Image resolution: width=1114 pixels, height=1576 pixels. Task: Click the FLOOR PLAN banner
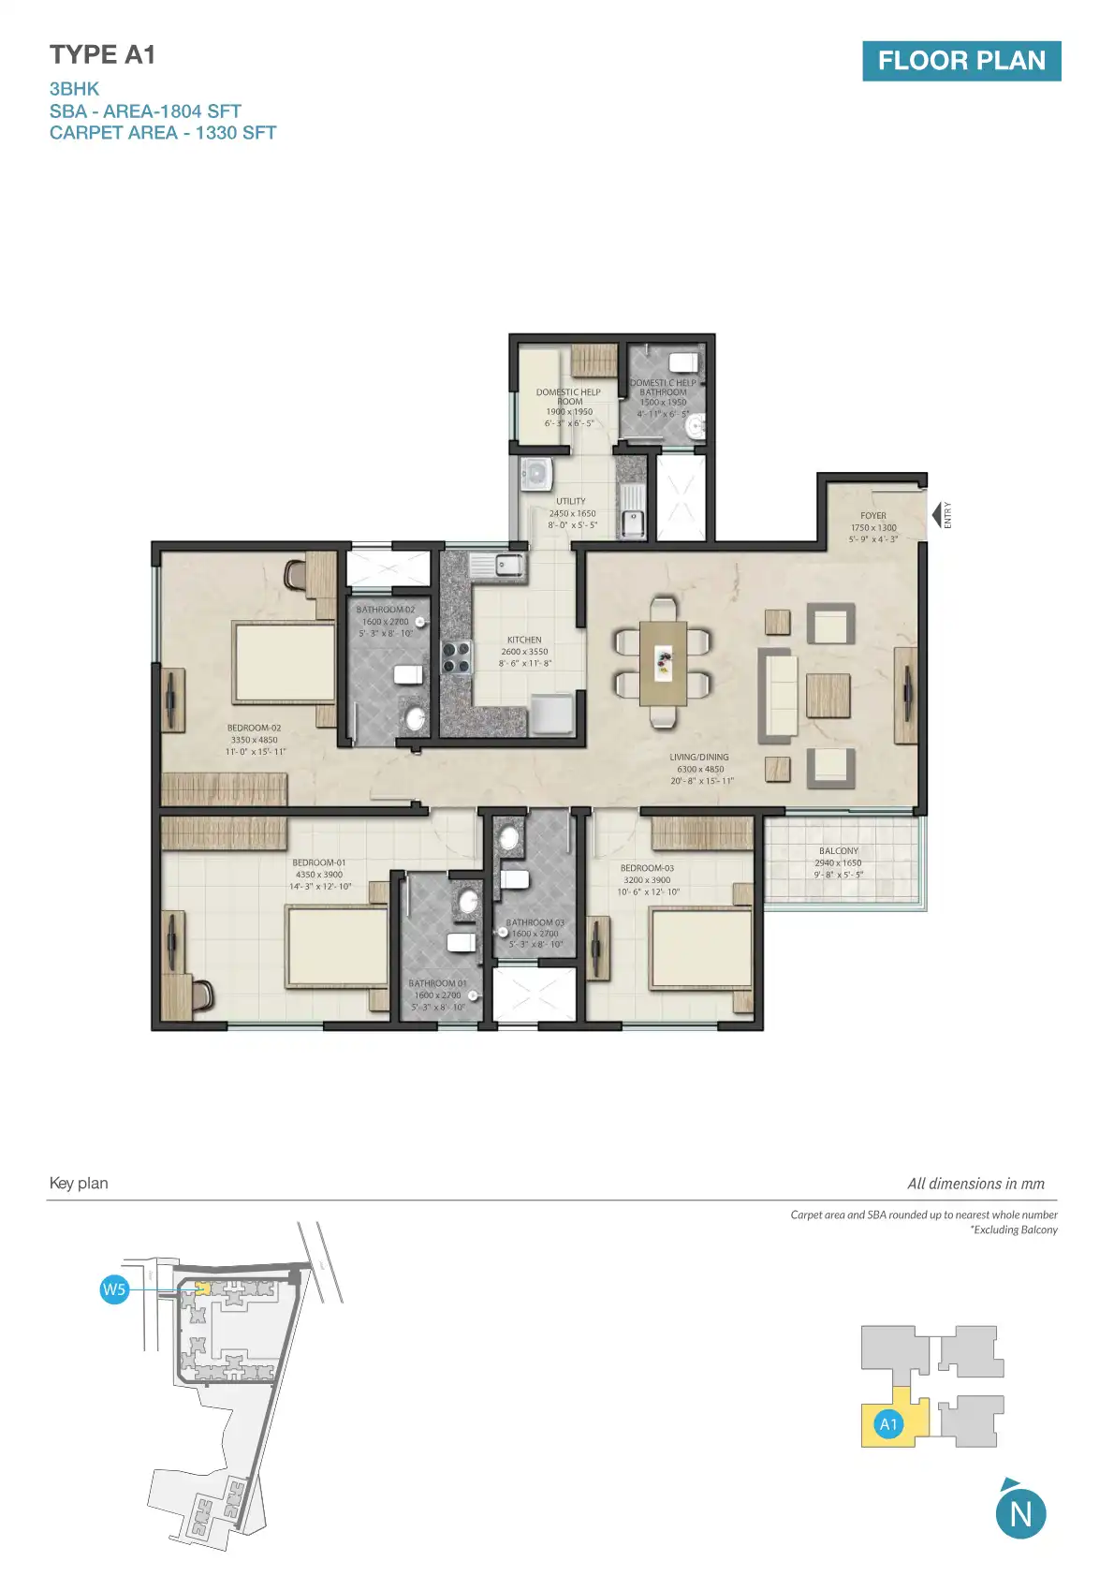(961, 61)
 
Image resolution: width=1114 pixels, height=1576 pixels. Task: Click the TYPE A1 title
(102, 55)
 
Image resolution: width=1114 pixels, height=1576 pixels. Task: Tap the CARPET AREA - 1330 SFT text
(163, 133)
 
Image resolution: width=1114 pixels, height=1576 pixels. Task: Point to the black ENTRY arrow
(935, 514)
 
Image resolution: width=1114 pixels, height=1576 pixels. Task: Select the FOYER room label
(872, 516)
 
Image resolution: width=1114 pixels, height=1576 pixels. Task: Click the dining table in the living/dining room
(663, 663)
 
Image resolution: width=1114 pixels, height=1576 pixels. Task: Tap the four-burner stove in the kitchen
(456, 656)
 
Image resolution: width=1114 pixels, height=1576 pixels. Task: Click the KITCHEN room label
(524, 640)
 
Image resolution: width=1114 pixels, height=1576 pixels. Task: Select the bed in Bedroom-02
(284, 662)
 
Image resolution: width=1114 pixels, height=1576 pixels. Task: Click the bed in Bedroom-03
(701, 949)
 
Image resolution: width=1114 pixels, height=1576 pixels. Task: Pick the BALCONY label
(838, 851)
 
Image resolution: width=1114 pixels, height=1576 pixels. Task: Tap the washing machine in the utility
(536, 474)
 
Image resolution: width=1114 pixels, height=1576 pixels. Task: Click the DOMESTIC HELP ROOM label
(568, 396)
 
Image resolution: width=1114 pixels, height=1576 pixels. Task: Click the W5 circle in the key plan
(114, 1289)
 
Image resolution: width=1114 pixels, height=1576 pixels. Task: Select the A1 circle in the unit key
(888, 1424)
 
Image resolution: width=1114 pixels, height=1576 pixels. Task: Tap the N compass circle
(1020, 1514)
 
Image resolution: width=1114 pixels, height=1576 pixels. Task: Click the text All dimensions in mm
(975, 1184)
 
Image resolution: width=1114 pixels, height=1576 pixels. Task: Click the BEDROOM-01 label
(318, 862)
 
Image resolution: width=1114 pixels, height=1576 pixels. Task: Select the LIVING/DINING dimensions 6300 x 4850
(700, 769)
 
